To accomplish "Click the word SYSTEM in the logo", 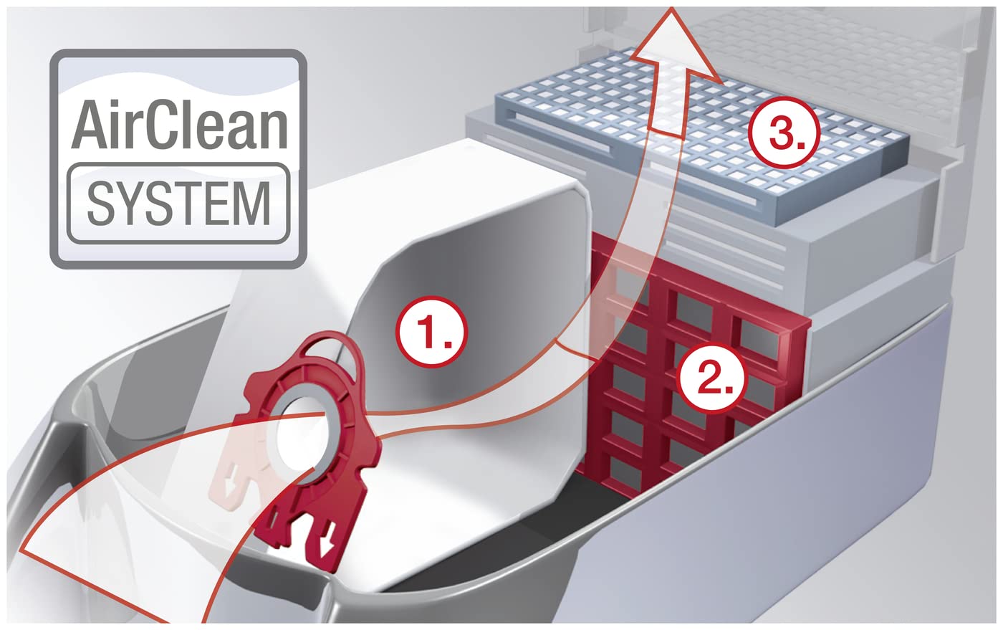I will point(178,202).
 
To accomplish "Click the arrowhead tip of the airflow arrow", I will point(671,10).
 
